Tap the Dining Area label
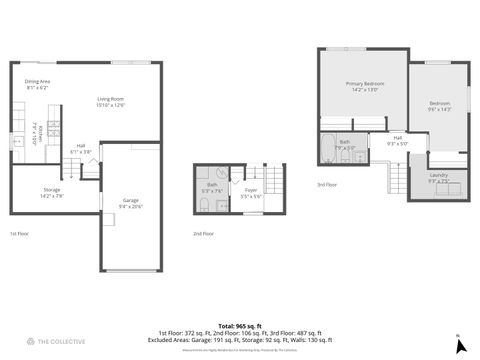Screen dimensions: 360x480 (37, 84)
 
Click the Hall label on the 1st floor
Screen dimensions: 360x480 (81, 149)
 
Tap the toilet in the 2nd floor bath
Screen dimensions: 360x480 (204, 205)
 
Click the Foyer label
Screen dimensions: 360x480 (251, 192)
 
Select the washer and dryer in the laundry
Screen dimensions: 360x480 (440, 191)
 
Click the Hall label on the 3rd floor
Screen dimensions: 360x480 (397, 140)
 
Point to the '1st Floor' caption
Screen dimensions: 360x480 (19, 233)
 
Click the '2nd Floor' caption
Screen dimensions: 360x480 (203, 233)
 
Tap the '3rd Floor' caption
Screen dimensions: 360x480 (327, 184)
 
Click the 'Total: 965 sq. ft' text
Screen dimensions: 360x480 (239, 325)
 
